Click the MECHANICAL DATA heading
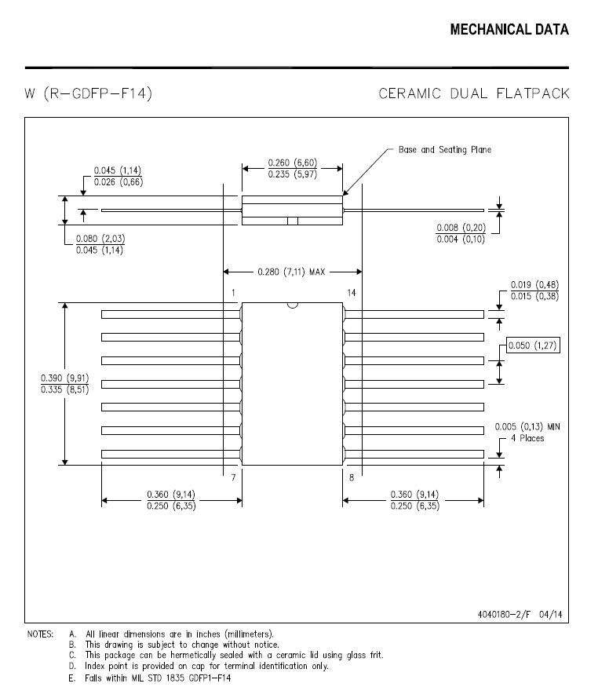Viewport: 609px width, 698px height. coord(509,30)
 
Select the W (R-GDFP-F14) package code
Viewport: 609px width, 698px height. coord(87,94)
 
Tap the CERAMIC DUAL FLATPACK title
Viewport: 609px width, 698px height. coord(473,94)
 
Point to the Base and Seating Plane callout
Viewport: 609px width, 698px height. coord(444,149)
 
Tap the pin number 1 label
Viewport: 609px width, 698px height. coord(234,293)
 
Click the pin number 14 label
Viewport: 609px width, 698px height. coord(352,293)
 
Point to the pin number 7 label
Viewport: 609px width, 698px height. coord(234,477)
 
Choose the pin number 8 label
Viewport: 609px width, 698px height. coord(351,477)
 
